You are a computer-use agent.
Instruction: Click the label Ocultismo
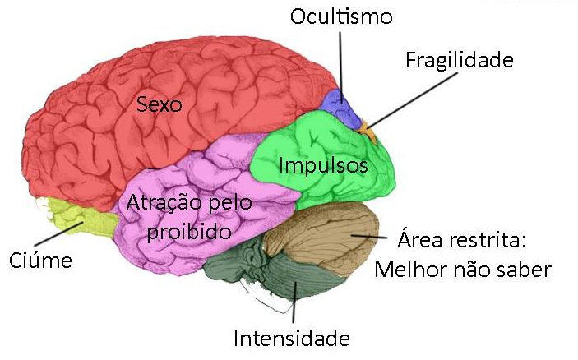point(341,17)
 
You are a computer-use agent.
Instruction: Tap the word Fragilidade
point(460,60)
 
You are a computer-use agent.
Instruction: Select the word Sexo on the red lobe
point(160,104)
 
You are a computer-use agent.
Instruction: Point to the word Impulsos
point(323,165)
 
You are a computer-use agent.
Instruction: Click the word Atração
point(164,203)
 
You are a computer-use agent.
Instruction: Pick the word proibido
point(189,232)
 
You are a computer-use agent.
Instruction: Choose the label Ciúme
point(40,261)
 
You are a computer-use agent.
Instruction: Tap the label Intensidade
point(292,339)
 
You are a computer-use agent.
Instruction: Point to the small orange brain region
point(368,132)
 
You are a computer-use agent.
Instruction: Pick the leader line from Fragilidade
point(412,99)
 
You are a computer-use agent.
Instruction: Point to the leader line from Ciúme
point(58,234)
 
